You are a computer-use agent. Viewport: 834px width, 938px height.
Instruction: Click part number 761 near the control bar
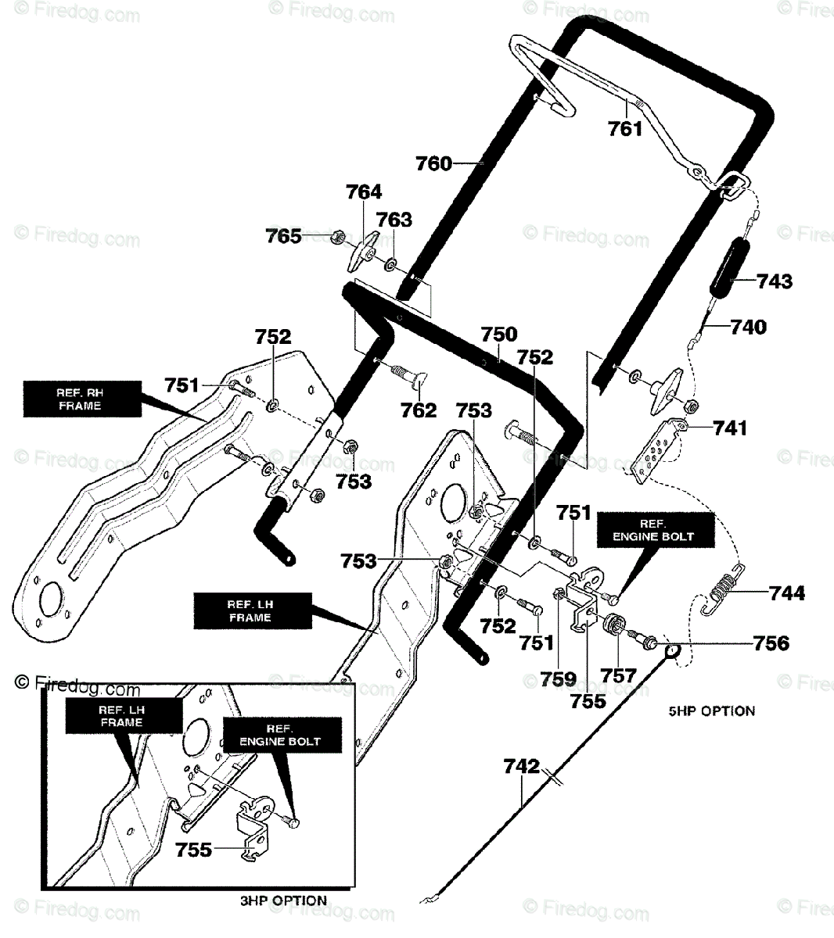[625, 129]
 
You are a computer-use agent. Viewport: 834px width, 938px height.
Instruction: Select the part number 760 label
[433, 163]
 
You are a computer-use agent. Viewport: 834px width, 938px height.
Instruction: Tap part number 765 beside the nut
[283, 236]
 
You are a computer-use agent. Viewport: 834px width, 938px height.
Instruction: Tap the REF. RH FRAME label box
[82, 399]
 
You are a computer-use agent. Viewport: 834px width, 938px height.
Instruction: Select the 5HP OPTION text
[712, 711]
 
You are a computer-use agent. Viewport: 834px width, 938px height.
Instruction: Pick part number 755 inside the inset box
[193, 850]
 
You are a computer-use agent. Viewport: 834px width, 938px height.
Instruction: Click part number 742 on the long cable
[521, 766]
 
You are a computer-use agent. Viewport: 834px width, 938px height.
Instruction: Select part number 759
[559, 679]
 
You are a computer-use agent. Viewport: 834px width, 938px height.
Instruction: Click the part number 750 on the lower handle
[498, 334]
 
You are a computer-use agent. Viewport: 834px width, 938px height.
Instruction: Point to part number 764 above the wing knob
[364, 192]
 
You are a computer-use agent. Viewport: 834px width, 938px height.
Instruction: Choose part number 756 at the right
[771, 643]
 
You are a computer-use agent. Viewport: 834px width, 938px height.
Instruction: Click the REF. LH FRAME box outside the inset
[253, 611]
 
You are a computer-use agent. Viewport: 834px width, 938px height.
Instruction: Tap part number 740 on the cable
[748, 327]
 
